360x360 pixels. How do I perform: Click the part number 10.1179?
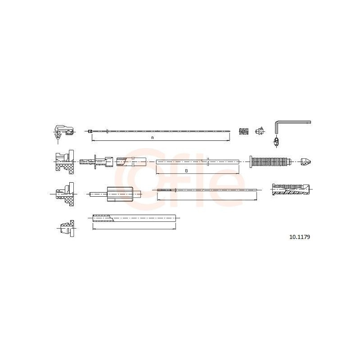tap(300, 237)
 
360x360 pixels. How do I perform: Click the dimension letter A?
tap(152, 138)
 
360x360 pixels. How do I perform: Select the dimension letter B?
tap(186, 171)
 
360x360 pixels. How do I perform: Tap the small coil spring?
tap(244, 131)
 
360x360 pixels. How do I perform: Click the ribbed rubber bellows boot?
tap(270, 162)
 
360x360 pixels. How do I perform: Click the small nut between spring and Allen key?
tap(260, 131)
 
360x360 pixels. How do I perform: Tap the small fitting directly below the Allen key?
tap(276, 141)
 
